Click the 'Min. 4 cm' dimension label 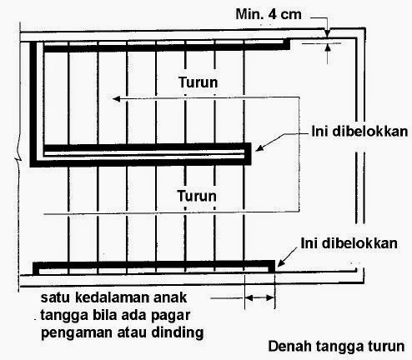tap(269, 14)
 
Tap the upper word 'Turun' tap(198, 82)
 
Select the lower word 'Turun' tap(197, 196)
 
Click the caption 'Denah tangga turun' tap(336, 347)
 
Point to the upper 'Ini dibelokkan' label tap(359, 131)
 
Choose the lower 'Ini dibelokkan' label tap(349, 243)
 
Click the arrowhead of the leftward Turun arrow tap(116, 98)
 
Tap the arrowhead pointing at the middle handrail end tap(259, 147)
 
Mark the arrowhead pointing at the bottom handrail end tap(281, 263)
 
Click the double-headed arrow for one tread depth tap(259, 298)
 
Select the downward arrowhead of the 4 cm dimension tap(328, 33)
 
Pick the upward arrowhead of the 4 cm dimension tap(328, 48)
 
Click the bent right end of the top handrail tap(286, 44)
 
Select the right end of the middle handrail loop tap(248, 153)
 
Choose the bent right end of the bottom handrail tap(271, 267)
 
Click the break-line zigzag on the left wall tap(18, 159)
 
